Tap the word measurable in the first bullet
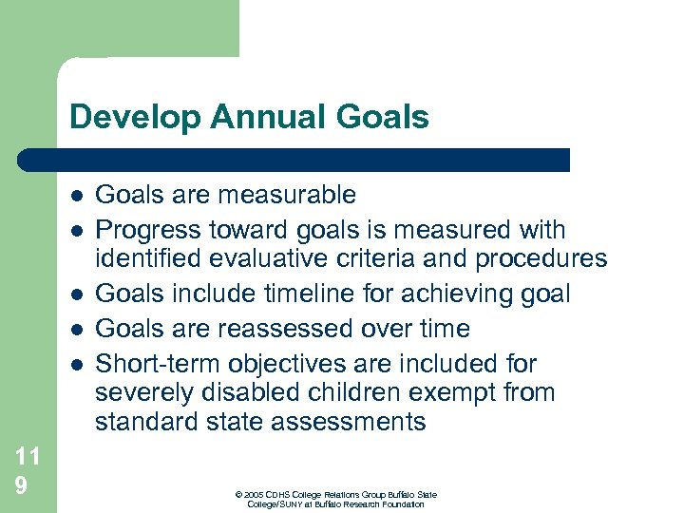[287, 196]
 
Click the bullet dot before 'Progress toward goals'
[75, 230]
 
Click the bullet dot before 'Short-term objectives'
[75, 364]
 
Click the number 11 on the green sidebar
[28, 456]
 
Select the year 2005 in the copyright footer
[252, 495]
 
